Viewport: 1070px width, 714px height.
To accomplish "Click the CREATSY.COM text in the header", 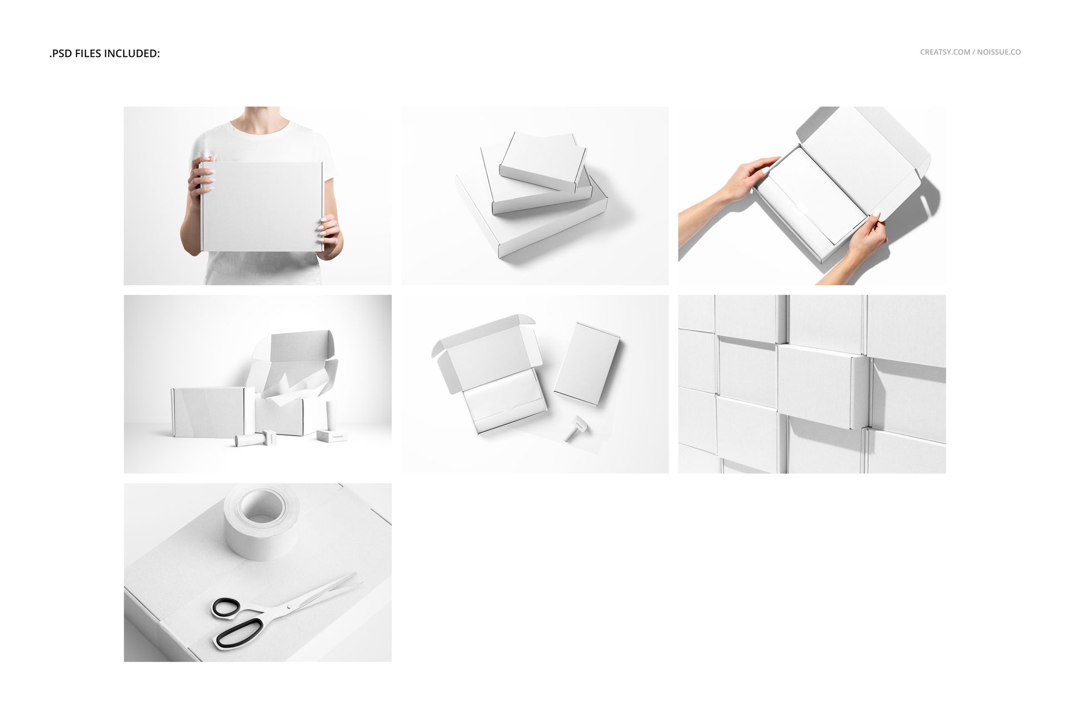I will [945, 52].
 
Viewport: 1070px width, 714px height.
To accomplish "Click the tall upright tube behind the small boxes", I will [331, 415].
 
